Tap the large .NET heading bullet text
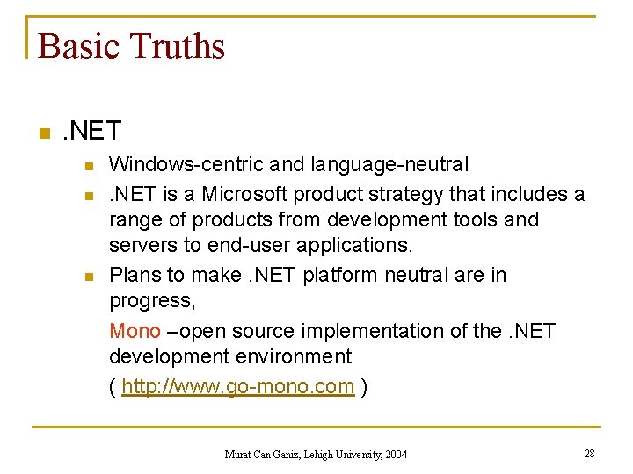point(91,132)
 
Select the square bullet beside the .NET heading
point(41,133)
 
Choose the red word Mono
point(135,331)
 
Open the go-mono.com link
point(237,386)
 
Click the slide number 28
point(588,453)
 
